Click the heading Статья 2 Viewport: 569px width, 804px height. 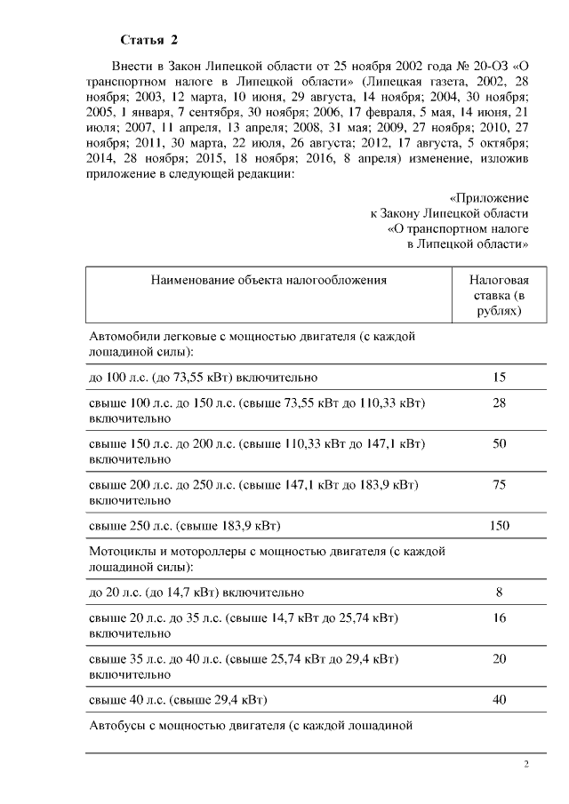coord(149,41)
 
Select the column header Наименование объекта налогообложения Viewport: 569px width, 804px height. coord(268,279)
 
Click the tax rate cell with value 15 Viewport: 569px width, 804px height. coord(499,378)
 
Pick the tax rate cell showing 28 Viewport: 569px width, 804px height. coord(499,403)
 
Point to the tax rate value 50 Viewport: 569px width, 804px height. coord(499,443)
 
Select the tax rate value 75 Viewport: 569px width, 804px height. coord(499,484)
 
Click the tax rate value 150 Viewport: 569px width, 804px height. coord(499,526)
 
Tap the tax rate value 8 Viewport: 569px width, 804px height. coord(499,592)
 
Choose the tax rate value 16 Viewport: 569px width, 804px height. coord(499,617)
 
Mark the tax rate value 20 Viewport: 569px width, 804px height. coord(499,658)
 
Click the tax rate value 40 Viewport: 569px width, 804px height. coord(499,699)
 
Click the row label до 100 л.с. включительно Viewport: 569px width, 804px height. coord(204,378)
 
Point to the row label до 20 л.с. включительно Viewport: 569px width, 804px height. coord(197,592)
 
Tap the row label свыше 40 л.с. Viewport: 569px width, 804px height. coord(179,699)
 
